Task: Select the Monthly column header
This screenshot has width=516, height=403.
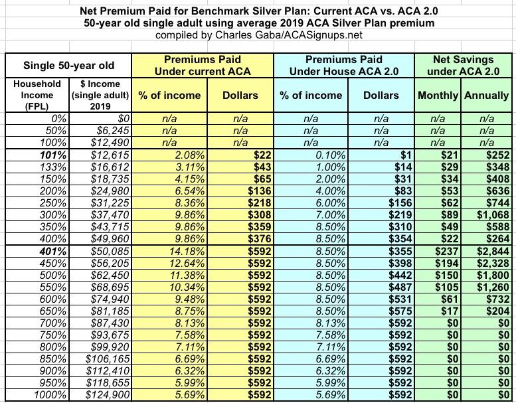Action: pos(438,95)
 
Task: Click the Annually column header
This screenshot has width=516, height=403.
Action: pos(486,95)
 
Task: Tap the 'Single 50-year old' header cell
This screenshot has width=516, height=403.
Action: pos(68,65)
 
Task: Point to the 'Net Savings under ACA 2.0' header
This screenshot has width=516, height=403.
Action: pos(462,65)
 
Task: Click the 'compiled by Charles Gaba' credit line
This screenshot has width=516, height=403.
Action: pos(258,35)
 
